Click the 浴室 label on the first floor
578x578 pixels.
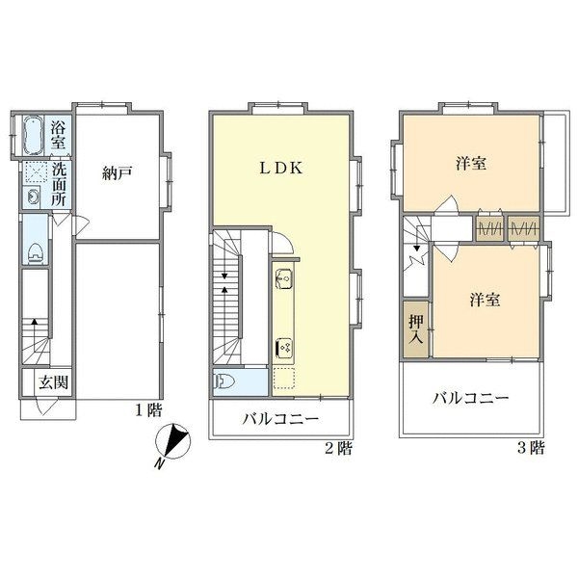pos(59,133)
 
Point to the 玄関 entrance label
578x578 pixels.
pos(52,382)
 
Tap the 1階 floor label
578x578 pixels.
pos(148,410)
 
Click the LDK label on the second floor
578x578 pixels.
pos(280,166)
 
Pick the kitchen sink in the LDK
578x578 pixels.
pos(284,280)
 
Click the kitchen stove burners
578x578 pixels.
pos(284,345)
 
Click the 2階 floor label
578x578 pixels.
pos(337,447)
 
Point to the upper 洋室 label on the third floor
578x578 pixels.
pos(470,163)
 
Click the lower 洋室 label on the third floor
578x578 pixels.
pos(486,300)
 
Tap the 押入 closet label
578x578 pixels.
pos(414,329)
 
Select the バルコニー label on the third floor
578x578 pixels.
pos(469,398)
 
